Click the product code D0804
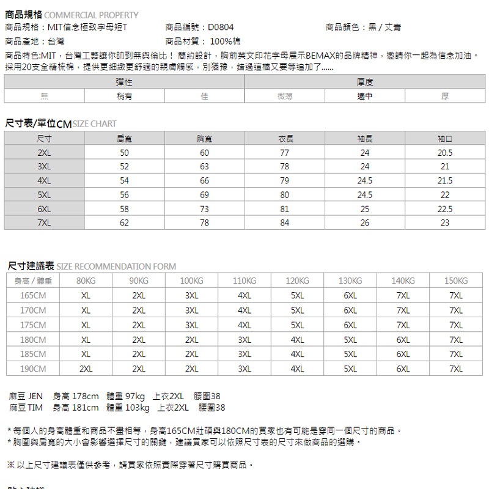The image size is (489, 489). click(x=221, y=28)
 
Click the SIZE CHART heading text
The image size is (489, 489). click(x=94, y=124)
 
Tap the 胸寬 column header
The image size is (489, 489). click(x=204, y=139)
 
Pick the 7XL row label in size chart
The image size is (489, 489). click(x=44, y=223)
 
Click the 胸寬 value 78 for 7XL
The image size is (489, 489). click(x=204, y=223)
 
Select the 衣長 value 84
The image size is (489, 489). click(x=284, y=223)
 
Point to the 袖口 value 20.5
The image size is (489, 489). click(x=445, y=153)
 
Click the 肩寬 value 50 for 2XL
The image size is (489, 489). click(x=124, y=153)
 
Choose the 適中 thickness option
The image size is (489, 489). click(x=365, y=96)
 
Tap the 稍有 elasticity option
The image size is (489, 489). click(x=124, y=96)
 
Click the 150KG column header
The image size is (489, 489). click(x=456, y=281)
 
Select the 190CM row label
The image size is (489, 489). click(x=33, y=369)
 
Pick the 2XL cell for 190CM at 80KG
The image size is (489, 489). click(x=86, y=369)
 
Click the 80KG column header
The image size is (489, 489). click(x=86, y=281)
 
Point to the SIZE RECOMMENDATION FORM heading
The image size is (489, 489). click(x=116, y=267)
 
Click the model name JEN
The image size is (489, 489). click(x=35, y=396)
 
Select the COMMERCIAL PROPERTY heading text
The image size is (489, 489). click(x=92, y=15)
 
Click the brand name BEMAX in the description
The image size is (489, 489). click(x=319, y=56)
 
